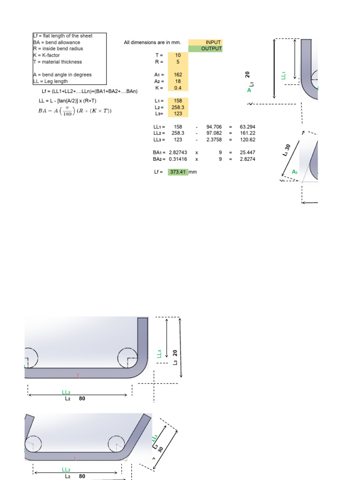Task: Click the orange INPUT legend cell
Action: pos(205,42)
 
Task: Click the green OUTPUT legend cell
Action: pos(205,49)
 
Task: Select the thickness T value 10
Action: pos(178,55)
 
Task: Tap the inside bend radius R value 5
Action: pos(178,61)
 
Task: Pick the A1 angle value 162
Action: pos(178,75)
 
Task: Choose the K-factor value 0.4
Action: pos(178,88)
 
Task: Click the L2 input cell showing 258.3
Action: pos(178,107)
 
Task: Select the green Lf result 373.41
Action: pos(178,172)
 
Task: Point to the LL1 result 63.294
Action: pos(247,127)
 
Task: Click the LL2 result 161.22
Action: pos(247,133)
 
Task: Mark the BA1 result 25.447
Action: pos(247,153)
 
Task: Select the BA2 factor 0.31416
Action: pos(178,159)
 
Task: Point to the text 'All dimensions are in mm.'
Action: pos(152,43)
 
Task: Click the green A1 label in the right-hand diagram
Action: pos(295,172)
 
